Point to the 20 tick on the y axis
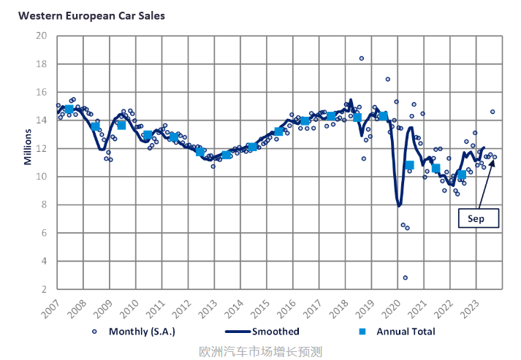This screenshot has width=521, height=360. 42,36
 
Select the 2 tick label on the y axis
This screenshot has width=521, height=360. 45,289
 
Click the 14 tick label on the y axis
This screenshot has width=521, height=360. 42,120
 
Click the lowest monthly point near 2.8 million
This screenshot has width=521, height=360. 405,277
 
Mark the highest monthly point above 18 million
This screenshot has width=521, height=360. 361,58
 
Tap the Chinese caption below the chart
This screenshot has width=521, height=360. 260,351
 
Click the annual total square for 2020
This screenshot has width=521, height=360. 409,165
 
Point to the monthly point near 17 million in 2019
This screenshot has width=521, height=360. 387,79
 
